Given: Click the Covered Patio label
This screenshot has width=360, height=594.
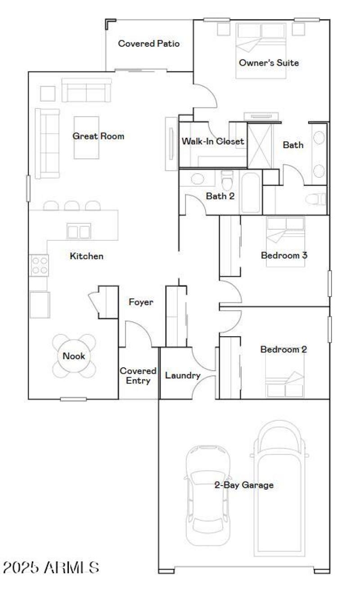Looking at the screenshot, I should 148,44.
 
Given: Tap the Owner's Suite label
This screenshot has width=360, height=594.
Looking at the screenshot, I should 269,63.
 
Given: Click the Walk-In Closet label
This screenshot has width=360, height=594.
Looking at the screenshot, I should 213,141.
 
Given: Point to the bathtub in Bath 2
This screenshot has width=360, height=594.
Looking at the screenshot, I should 251,192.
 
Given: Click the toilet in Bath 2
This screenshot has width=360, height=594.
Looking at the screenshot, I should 228,182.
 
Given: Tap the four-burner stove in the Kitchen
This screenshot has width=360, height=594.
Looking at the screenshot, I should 39,265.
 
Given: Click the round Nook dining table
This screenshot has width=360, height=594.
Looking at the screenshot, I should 74,356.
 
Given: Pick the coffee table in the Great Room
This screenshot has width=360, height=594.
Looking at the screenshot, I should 86,137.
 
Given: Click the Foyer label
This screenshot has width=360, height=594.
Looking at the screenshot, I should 141,302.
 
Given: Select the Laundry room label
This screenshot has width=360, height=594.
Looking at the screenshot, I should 182,375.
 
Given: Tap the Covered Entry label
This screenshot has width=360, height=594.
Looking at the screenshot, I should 138,376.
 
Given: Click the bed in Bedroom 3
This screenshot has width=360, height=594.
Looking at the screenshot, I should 285,242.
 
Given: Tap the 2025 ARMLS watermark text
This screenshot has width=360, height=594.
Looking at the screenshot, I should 51,567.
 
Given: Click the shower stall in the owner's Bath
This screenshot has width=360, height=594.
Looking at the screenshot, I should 260,146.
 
